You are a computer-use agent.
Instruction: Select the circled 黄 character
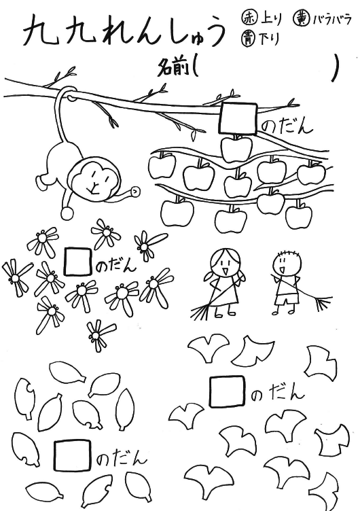coord(302,19)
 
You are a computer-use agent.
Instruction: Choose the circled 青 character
coord(249,38)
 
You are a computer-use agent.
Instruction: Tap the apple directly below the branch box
coord(236,149)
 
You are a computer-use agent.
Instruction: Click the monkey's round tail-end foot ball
coord(68,214)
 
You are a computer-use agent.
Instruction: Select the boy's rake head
coord(323,303)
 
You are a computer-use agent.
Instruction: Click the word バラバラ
coord(332,20)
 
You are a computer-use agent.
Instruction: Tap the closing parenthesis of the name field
coord(336,67)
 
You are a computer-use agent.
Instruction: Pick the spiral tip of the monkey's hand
coord(135,191)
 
